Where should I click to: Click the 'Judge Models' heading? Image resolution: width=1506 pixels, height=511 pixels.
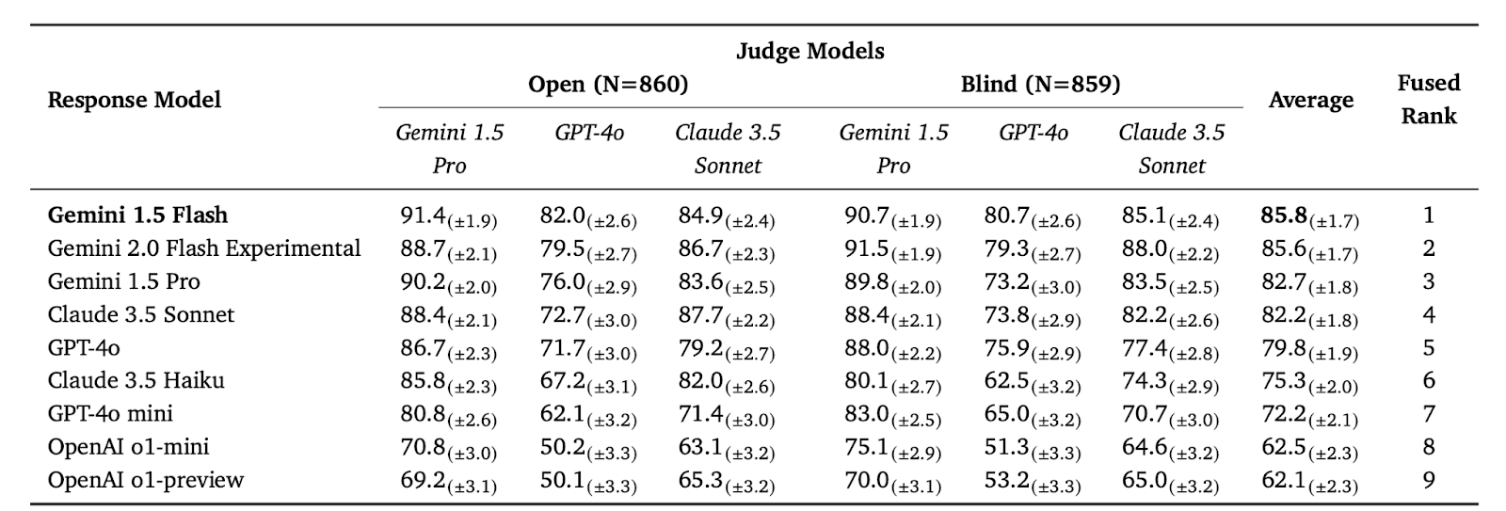[x=809, y=51]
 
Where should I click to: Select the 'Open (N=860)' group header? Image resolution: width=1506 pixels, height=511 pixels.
[x=608, y=85]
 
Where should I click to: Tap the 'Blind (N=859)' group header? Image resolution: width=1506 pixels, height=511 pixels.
[x=1040, y=85]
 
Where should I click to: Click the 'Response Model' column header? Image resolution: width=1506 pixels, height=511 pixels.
[x=135, y=100]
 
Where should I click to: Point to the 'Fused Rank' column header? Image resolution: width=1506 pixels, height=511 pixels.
[x=1428, y=100]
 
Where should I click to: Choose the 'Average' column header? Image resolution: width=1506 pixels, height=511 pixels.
[x=1310, y=101]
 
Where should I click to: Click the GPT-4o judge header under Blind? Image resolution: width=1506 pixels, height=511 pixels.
[x=1033, y=133]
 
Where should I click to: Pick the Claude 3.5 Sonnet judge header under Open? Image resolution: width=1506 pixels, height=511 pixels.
[x=728, y=149]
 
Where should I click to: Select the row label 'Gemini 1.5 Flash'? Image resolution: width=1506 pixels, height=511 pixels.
[x=137, y=216]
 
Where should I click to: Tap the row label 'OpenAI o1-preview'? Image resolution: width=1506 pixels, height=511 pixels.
[x=146, y=480]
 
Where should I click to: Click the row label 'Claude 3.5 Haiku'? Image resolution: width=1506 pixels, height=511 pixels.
[x=136, y=381]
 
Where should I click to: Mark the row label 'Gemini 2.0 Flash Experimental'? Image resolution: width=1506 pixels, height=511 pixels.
[x=204, y=248]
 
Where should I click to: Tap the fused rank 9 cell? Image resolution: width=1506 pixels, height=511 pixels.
[x=1428, y=480]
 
